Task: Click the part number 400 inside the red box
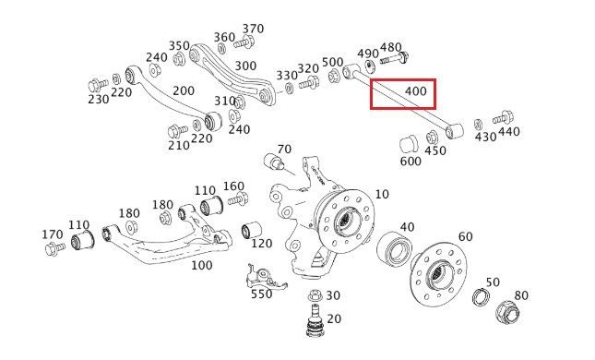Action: click(x=416, y=91)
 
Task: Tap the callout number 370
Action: click(x=253, y=29)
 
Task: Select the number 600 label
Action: click(x=411, y=162)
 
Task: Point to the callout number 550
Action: click(x=261, y=294)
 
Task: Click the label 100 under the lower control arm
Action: click(x=201, y=265)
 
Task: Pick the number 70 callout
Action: click(x=284, y=150)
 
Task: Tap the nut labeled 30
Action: click(x=315, y=295)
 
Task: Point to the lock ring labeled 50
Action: click(x=481, y=296)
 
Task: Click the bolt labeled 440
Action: click(x=503, y=117)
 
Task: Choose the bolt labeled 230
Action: click(x=99, y=85)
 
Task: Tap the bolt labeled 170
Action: click(x=55, y=248)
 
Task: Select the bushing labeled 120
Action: click(x=251, y=230)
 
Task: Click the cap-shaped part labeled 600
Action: click(x=409, y=145)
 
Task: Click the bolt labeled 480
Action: click(x=394, y=58)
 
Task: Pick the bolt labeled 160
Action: click(x=238, y=199)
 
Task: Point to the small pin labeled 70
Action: click(x=274, y=161)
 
